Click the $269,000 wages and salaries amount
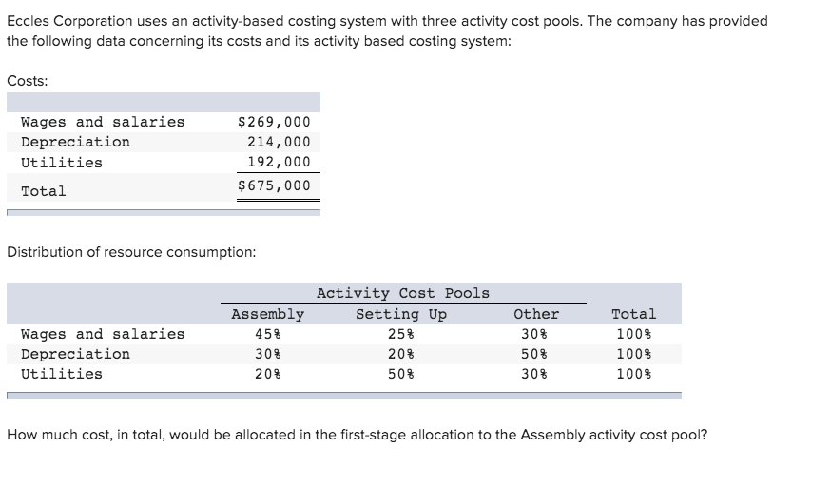[x=274, y=122]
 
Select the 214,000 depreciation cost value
[x=279, y=142]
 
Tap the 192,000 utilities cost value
[x=279, y=162]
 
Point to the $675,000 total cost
[x=274, y=185]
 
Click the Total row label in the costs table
[x=44, y=191]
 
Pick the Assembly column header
[x=267, y=314]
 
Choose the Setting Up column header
[x=400, y=314]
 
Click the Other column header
[x=536, y=314]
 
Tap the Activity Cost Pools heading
[x=402, y=293]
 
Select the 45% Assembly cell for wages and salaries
[x=267, y=334]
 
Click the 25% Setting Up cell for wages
[x=400, y=334]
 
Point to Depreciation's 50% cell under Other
[x=536, y=354]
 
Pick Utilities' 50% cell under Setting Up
[x=400, y=374]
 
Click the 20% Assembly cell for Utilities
[x=267, y=374]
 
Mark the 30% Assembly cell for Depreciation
[x=267, y=354]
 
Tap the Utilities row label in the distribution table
[x=62, y=374]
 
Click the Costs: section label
[x=28, y=80]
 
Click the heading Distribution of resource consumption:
[x=131, y=252]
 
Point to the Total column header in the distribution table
[x=633, y=314]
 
